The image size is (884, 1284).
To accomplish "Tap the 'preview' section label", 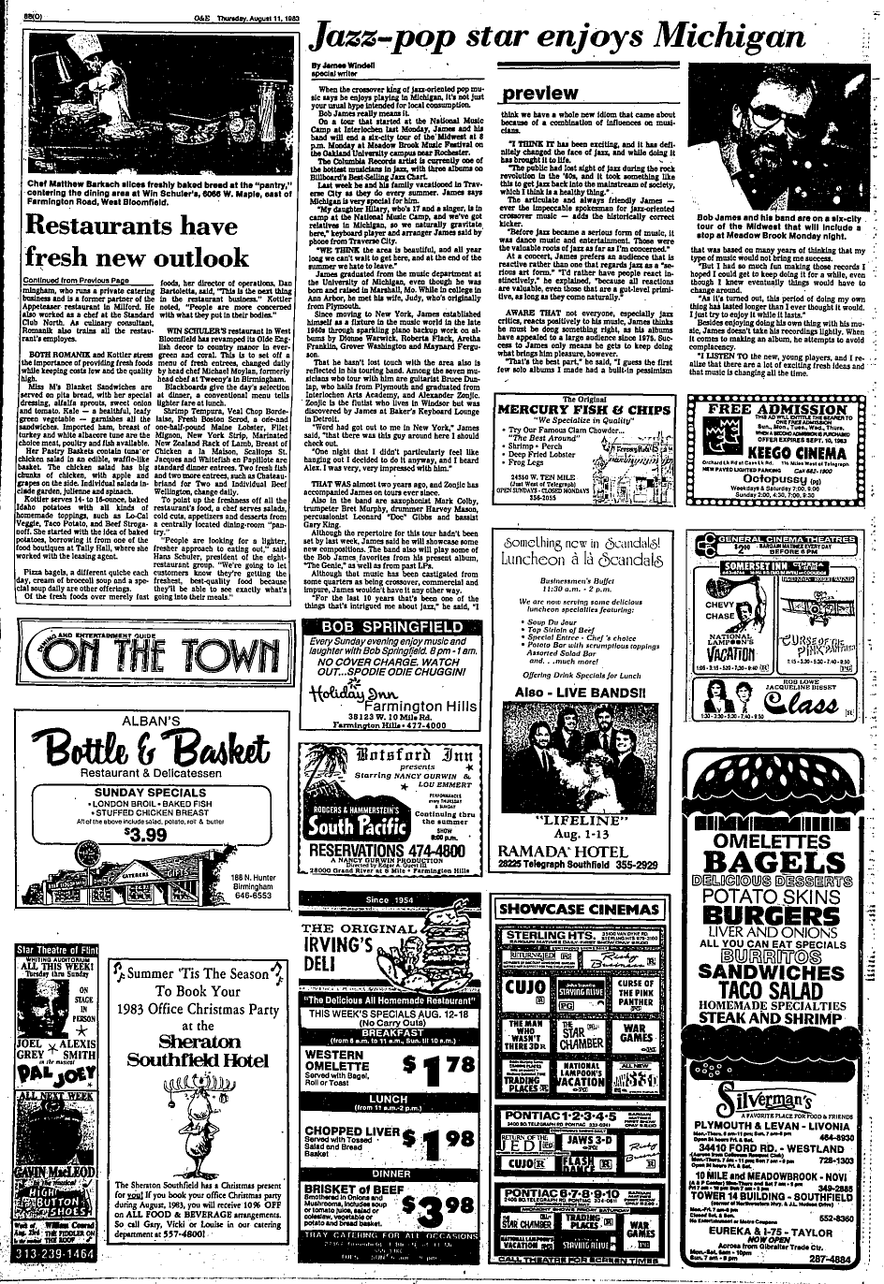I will [540, 94].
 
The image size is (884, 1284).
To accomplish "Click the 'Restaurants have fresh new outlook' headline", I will [137, 241].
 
